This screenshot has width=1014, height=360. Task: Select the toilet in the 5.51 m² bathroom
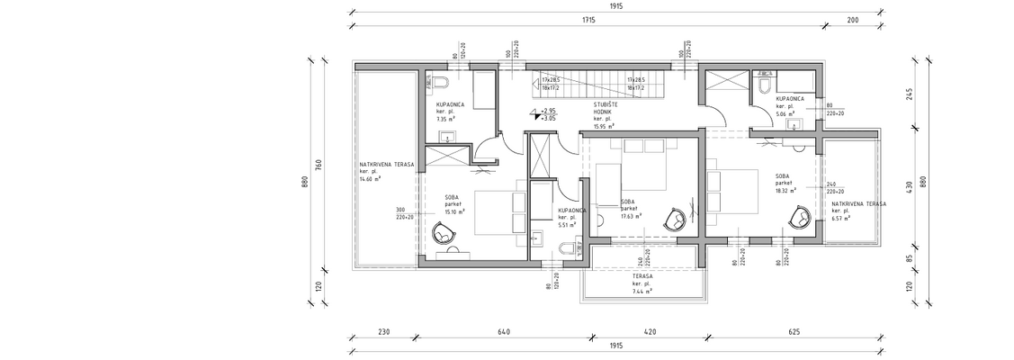(x=537, y=238)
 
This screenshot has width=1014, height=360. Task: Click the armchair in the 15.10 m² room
(x=444, y=232)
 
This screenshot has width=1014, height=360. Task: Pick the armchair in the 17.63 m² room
(x=675, y=219)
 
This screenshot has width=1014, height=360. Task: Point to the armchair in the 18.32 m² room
(x=800, y=217)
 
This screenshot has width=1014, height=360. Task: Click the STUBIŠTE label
(x=604, y=104)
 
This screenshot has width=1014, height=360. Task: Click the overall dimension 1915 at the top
(x=615, y=6)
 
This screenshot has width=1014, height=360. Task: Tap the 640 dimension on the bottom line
(x=502, y=332)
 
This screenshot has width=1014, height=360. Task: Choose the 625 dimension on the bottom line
(x=794, y=332)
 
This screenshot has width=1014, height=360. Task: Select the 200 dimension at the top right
(x=852, y=19)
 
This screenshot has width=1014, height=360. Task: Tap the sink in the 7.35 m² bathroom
(x=447, y=138)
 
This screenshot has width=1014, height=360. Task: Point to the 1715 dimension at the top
(x=588, y=19)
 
